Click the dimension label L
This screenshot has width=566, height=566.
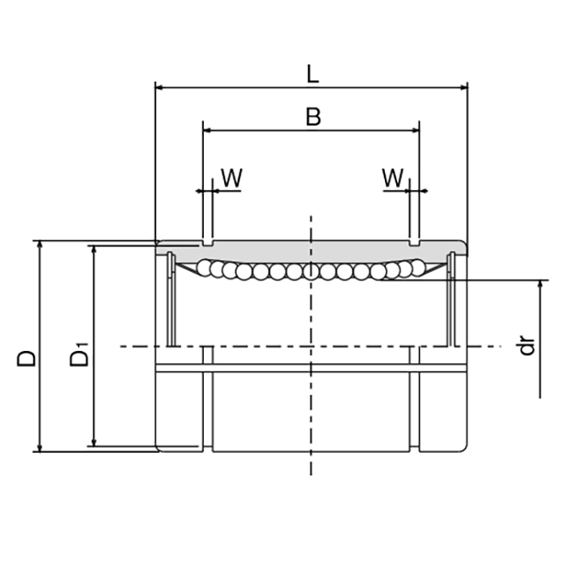312,74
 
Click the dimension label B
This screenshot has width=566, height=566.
313,116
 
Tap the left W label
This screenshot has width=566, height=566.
231,179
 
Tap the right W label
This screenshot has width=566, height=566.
393,179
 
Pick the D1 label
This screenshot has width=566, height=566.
79,356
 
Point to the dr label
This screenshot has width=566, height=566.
527,347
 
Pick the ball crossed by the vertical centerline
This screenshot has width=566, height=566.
310,272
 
